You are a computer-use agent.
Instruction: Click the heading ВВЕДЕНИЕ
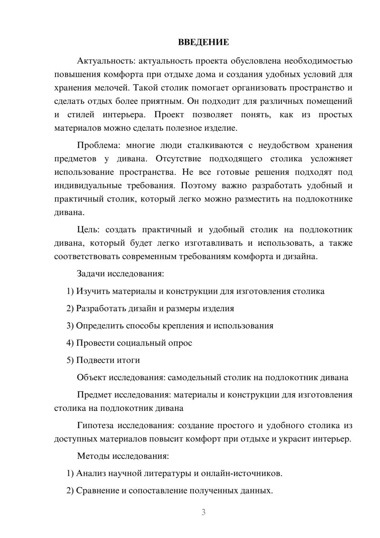click(x=203, y=42)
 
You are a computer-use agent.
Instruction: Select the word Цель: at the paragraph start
click(x=88, y=230)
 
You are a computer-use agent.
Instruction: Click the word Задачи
click(x=91, y=274)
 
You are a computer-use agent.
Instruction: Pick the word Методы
click(x=92, y=456)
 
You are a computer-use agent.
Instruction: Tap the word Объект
click(x=92, y=377)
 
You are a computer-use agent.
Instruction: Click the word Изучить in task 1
click(x=92, y=291)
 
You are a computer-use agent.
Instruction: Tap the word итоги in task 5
click(x=129, y=360)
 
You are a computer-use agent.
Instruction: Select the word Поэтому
click(x=196, y=186)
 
